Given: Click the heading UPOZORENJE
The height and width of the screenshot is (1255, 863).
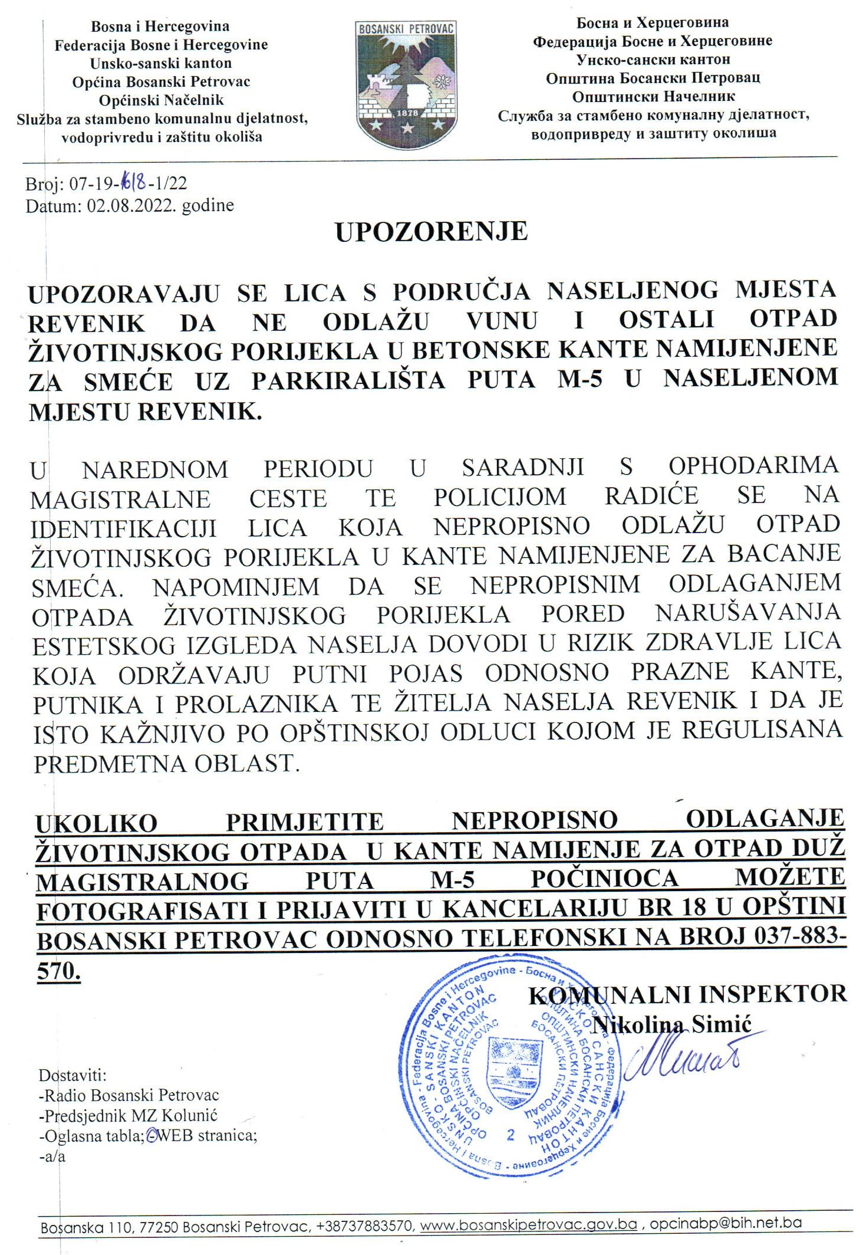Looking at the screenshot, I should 431,232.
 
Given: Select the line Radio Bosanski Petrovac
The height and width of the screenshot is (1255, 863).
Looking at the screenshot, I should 128,1095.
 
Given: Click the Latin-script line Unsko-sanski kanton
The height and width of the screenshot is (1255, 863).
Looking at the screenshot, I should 160,63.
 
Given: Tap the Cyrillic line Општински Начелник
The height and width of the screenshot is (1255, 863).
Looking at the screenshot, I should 654,96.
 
